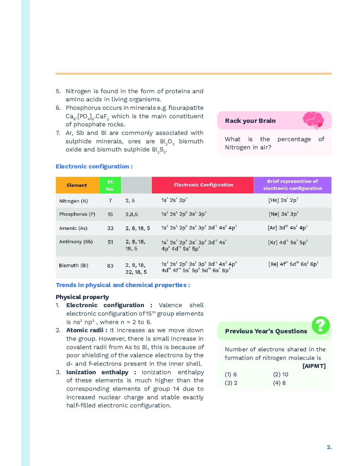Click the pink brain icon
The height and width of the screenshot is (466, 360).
coord(313,120)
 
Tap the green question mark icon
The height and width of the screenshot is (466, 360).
coord(320,325)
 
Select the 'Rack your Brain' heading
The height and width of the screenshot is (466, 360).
coord(250,121)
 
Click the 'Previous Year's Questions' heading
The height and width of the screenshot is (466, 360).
coord(266,331)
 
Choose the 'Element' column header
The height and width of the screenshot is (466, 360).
coord(77,185)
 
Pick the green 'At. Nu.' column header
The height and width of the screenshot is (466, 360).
coord(110,185)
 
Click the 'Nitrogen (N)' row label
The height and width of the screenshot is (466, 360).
coord(73,201)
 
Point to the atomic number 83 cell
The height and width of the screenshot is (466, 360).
coord(110,266)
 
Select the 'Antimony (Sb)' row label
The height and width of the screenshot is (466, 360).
coord(76,242)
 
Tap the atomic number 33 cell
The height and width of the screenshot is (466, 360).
coord(110,228)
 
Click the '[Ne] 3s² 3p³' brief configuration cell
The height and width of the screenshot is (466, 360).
coord(283,214)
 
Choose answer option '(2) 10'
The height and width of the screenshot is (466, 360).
coord(281,375)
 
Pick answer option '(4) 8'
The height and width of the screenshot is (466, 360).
coord(279,383)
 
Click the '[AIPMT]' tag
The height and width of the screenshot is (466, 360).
coord(314,366)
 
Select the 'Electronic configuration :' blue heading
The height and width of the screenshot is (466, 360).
coord(94,167)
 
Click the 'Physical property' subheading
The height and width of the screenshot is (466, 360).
coord(82,297)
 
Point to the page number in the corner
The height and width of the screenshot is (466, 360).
coord(329,447)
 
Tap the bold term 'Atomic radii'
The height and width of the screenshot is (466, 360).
coord(85,330)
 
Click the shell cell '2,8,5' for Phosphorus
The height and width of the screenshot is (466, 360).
coord(132,214)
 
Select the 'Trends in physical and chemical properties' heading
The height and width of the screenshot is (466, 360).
coord(123,285)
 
